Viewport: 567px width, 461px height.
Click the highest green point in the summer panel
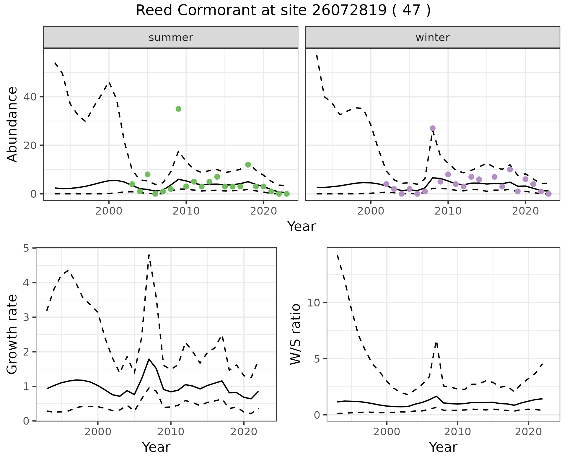(178, 109)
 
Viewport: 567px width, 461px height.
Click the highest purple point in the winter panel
(433, 128)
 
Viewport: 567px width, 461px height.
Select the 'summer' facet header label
(171, 38)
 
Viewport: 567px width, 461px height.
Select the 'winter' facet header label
(432, 38)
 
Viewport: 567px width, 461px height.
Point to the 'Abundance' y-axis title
(12, 124)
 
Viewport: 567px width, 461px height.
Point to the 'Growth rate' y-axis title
(12, 334)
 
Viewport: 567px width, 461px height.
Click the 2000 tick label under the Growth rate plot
(98, 432)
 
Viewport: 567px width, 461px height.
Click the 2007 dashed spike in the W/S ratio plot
(436, 342)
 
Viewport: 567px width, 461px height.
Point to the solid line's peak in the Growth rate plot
(149, 359)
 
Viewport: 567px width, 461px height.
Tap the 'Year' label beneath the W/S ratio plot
(443, 447)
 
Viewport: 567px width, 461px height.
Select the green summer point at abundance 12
(248, 165)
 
